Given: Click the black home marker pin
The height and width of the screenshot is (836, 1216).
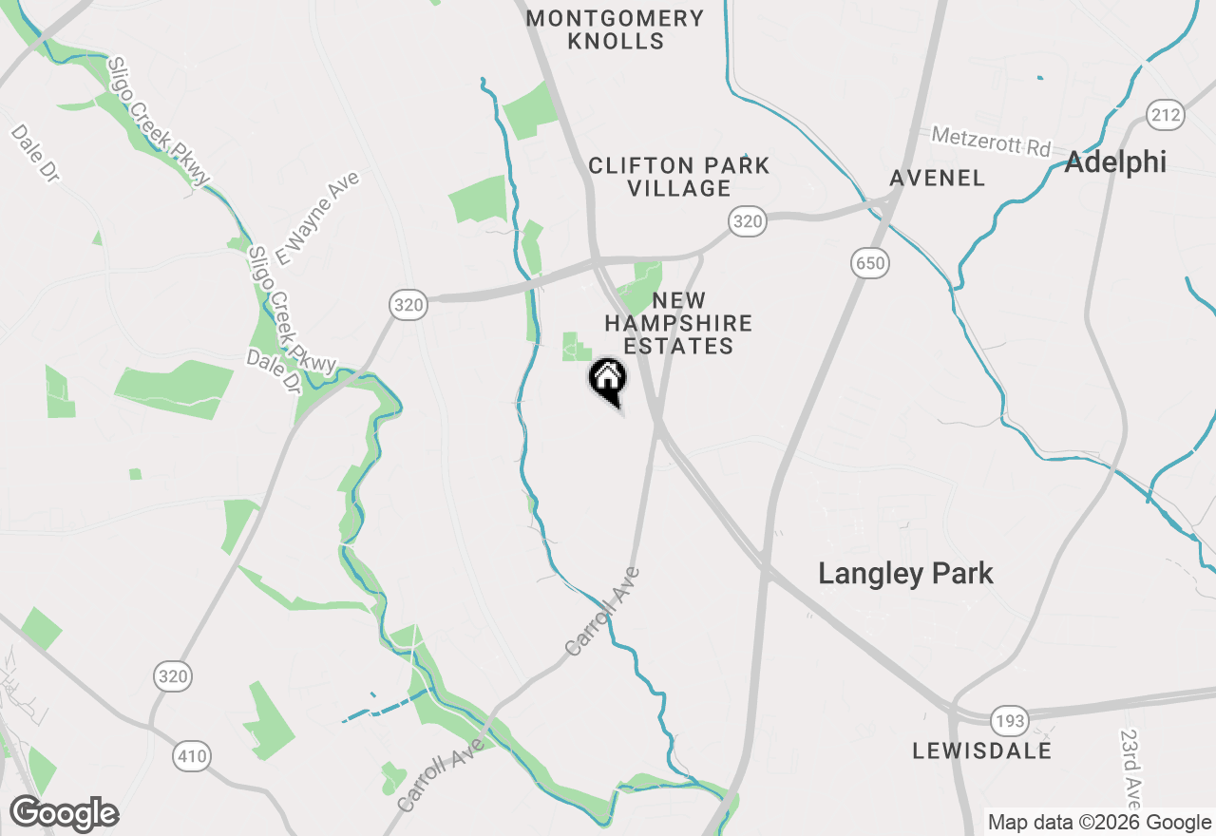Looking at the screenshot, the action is pos(608,380).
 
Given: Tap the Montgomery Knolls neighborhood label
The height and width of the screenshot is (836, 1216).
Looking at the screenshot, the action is pos(616,29).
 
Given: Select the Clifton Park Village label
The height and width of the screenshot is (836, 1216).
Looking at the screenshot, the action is pos(679,177).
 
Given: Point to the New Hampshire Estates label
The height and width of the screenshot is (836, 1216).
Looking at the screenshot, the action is pos(679,323).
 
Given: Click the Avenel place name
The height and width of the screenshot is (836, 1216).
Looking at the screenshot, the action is pos(937,179).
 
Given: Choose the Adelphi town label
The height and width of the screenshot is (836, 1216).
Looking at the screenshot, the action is pos(1115,162).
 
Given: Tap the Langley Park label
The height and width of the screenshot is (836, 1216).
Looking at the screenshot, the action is pos(905,574).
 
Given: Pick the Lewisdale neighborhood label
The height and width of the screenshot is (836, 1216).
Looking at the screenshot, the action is pos(981,750).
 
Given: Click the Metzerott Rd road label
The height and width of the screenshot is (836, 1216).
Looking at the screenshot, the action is pos(991,142).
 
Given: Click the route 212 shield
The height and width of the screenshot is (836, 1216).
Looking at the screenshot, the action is pos(1165,116).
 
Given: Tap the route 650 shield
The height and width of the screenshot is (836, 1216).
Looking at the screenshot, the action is pos(870,264).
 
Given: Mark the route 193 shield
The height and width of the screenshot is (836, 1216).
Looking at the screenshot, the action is pos(1009,721).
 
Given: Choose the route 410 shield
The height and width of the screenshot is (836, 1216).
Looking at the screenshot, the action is pos(192,757).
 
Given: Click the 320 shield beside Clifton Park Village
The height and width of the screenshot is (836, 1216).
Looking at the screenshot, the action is pos(748,222).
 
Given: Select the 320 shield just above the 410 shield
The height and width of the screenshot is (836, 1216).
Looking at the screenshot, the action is pos(172,677).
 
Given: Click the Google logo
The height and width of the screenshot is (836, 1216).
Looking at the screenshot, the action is pos(65,814).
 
